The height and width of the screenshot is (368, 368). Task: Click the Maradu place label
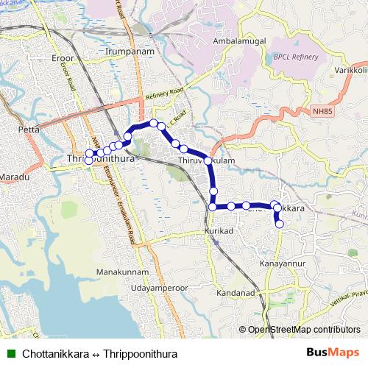13,178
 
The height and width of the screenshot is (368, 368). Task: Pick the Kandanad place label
236,293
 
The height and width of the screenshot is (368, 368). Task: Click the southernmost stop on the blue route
280,224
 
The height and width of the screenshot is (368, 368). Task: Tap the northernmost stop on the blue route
154,123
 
